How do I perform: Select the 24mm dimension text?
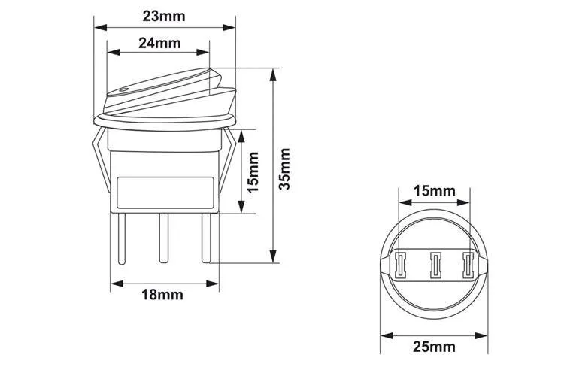(x=159, y=42)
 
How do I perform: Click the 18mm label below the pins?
(x=162, y=294)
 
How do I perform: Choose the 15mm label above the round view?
(x=434, y=190)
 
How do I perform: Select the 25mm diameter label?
(x=434, y=346)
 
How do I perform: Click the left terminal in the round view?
(x=399, y=265)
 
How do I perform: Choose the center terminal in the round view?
(x=434, y=265)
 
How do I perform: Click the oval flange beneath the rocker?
(x=164, y=120)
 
